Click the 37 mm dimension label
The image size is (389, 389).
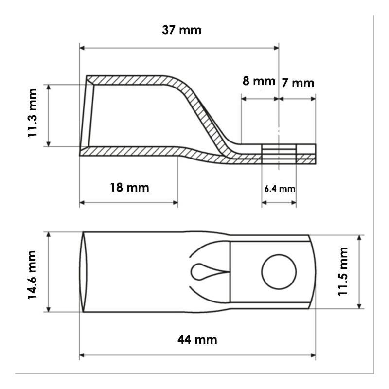[x=181, y=30]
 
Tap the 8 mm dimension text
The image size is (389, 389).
[x=259, y=81]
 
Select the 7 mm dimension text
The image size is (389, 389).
[x=298, y=83]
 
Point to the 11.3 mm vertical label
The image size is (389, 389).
[x=32, y=113]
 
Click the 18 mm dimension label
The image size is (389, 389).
[x=129, y=188]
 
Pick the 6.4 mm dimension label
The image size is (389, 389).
[x=280, y=189]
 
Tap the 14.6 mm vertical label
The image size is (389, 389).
[x=32, y=275]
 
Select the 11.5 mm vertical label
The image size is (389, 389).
[x=343, y=271]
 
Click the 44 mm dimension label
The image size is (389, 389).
[x=197, y=339]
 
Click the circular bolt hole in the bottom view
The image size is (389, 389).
[x=279, y=272]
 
